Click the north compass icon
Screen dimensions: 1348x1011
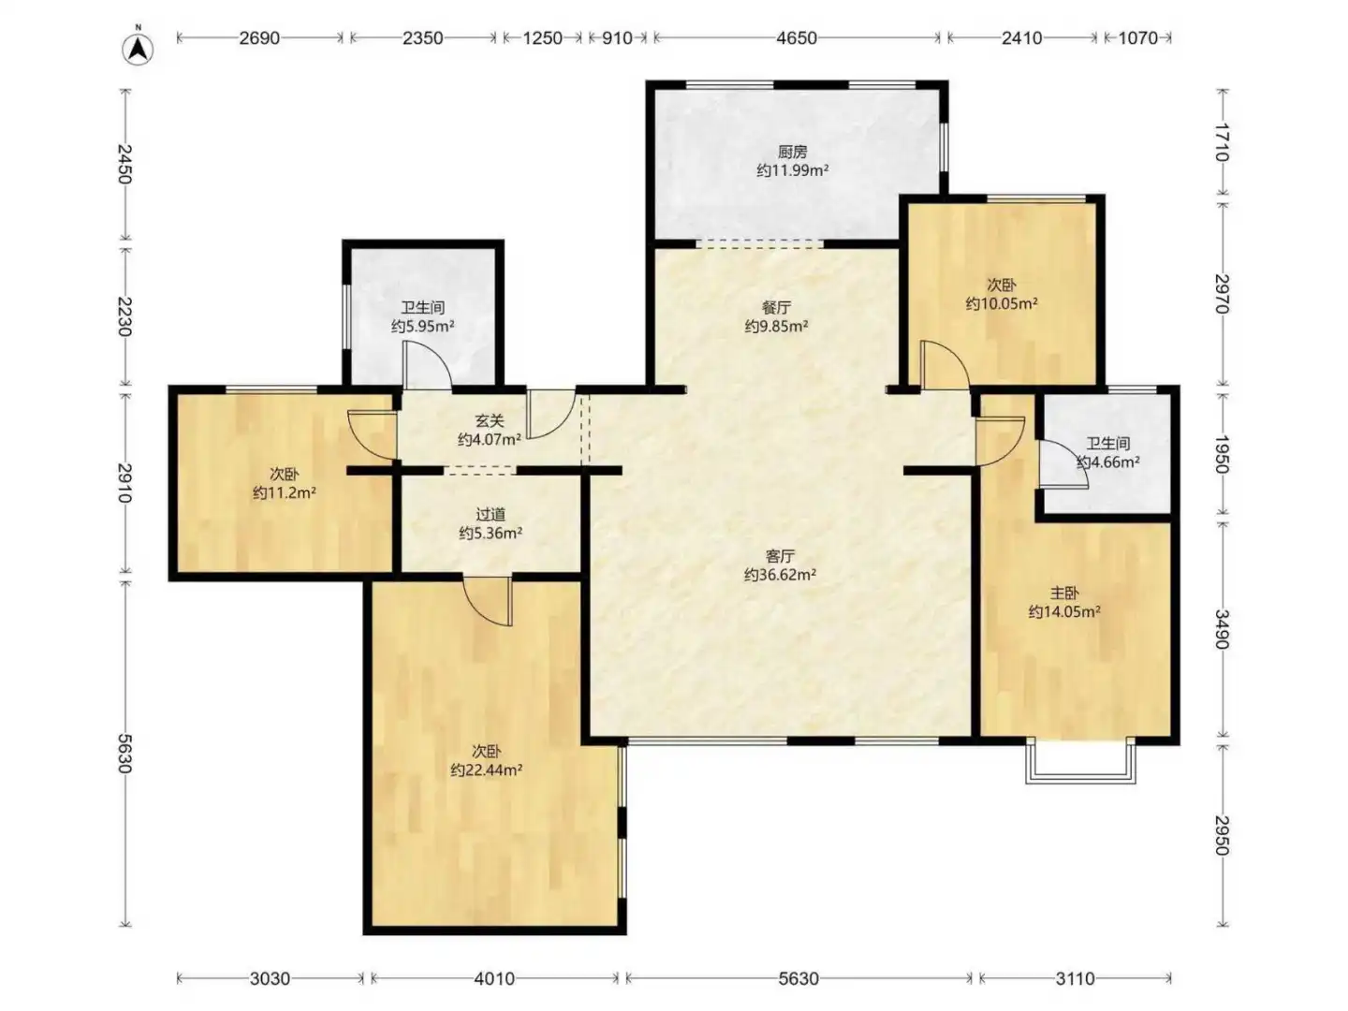139,49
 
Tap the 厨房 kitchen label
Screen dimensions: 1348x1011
792,151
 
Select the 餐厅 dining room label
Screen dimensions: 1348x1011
776,307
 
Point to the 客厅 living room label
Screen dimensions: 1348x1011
780,556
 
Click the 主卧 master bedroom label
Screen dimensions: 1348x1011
1064,593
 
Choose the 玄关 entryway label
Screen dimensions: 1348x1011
490,420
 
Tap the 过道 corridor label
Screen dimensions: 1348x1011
491,514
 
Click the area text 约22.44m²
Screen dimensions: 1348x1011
487,769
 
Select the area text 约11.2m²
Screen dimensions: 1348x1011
285,492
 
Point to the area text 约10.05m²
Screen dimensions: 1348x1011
1002,303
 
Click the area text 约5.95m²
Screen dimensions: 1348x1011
422,326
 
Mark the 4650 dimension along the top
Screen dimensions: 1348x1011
797,38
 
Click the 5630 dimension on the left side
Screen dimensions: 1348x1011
125,754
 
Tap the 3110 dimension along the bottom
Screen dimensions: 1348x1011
1075,978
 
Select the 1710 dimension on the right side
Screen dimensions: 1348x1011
1222,142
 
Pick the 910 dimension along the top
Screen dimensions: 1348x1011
617,38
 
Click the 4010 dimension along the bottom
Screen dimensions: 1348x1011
494,978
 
